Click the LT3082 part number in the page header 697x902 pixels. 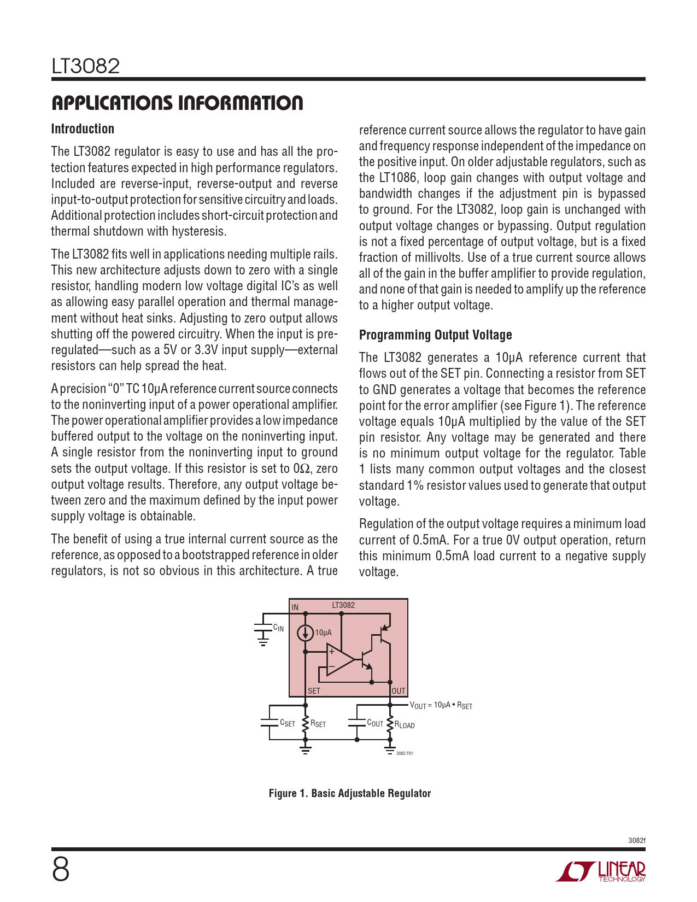(x=86, y=67)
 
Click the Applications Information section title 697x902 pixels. (x=177, y=103)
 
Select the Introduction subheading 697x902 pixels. (x=83, y=129)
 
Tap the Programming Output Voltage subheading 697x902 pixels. (x=435, y=335)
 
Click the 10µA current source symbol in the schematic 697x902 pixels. (x=305, y=633)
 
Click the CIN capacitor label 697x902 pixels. (x=278, y=628)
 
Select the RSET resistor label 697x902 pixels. (x=318, y=724)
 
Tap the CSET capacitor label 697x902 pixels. (x=287, y=723)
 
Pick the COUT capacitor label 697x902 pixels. (x=375, y=723)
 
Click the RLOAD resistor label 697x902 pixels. (x=405, y=725)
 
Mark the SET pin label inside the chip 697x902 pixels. (x=314, y=691)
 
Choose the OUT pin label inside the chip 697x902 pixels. (x=399, y=691)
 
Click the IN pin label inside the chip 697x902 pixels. (x=295, y=607)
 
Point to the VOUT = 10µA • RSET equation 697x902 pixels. (x=441, y=705)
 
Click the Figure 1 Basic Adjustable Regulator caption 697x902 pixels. (x=349, y=793)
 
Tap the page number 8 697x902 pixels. (x=61, y=870)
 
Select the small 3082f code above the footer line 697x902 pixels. (x=637, y=840)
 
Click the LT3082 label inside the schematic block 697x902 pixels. (x=343, y=605)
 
